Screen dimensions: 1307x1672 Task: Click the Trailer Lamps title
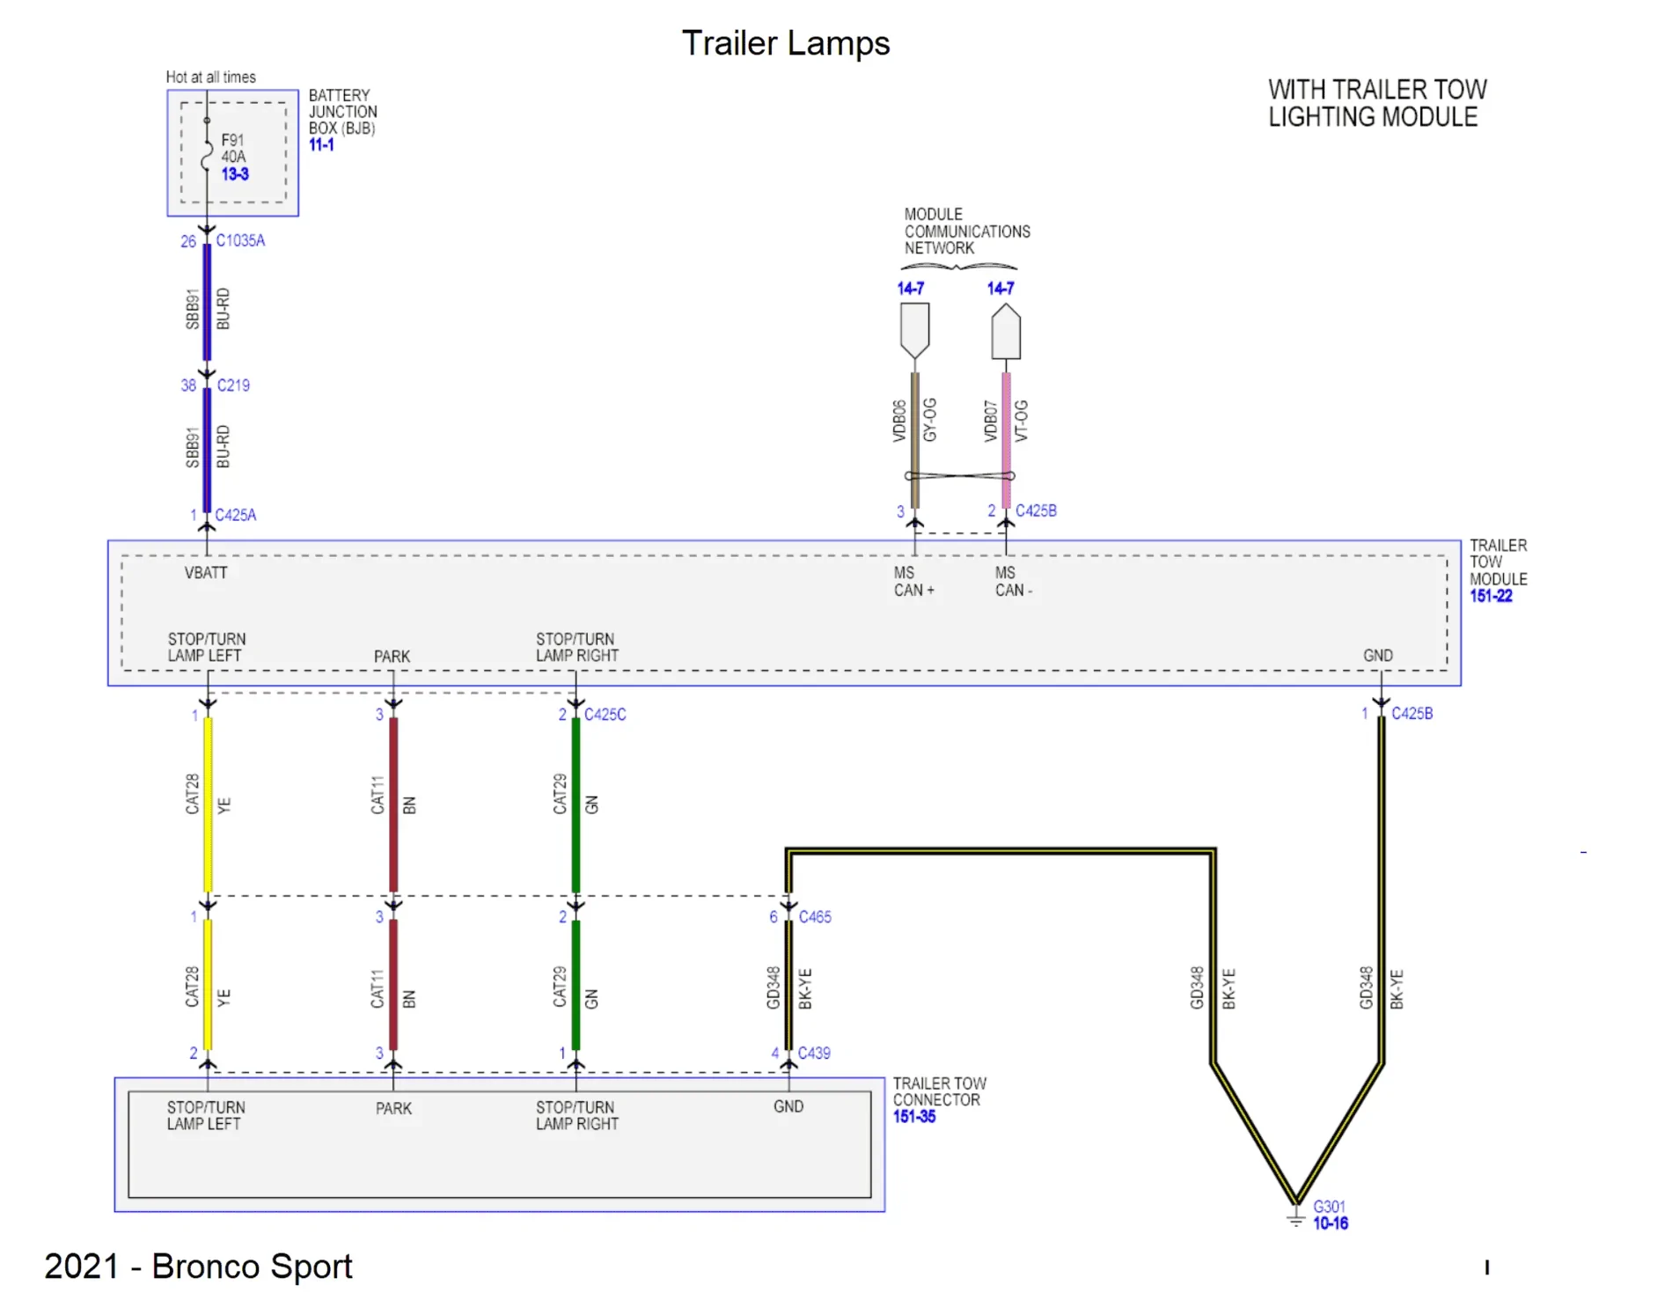click(785, 43)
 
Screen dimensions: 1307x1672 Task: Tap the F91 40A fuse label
click(233, 149)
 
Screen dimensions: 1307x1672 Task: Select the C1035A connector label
click(240, 240)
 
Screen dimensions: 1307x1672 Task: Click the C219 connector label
click(233, 385)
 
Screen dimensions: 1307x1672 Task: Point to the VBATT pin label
click(206, 573)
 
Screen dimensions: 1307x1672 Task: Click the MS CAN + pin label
click(913, 582)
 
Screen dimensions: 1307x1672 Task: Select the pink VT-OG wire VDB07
click(1006, 440)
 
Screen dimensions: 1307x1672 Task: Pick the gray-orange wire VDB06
click(915, 440)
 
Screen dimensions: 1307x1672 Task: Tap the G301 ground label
click(1329, 1207)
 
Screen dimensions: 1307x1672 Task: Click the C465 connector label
click(815, 917)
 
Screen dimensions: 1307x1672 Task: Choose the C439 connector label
click(814, 1054)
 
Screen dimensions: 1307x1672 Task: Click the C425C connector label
click(605, 715)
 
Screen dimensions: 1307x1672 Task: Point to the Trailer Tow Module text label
click(1498, 562)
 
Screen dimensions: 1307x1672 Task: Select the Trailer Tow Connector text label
click(939, 1091)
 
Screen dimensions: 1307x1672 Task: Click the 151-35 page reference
click(914, 1117)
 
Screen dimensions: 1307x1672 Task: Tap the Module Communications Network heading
click(966, 231)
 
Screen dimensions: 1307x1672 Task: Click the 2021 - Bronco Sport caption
click(198, 1267)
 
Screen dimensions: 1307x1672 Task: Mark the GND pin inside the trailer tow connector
click(788, 1106)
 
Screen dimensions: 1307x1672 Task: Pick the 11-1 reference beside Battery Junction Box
click(321, 145)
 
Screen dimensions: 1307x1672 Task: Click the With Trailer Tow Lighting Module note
click(1376, 103)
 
